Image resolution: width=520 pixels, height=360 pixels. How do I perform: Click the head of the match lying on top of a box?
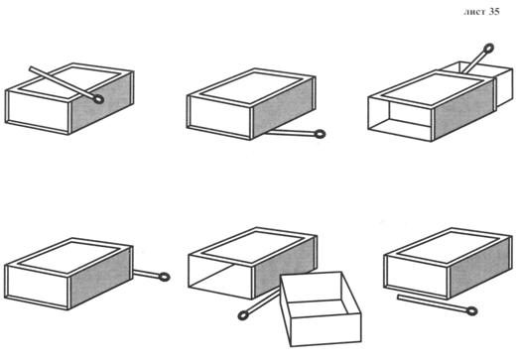click(x=98, y=99)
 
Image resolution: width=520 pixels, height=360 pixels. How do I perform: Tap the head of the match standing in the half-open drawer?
click(x=489, y=49)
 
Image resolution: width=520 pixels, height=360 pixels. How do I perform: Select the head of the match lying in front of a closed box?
click(x=472, y=311)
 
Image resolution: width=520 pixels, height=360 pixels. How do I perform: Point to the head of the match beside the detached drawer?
click(x=243, y=315)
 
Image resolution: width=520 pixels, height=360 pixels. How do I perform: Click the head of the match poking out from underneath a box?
click(x=320, y=134)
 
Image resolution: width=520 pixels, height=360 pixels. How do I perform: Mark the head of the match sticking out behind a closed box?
click(x=164, y=277)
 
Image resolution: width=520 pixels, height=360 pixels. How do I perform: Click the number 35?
click(x=494, y=12)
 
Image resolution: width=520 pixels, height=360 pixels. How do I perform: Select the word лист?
click(x=474, y=12)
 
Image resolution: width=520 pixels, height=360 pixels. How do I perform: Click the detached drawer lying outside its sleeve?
click(x=320, y=308)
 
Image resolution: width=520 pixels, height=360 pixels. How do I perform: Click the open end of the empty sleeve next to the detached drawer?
click(x=220, y=276)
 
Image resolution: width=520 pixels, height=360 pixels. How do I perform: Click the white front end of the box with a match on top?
click(x=38, y=112)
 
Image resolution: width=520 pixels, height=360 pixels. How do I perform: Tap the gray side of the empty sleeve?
click(x=284, y=267)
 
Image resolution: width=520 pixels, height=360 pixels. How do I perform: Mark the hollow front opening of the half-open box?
click(x=400, y=118)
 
